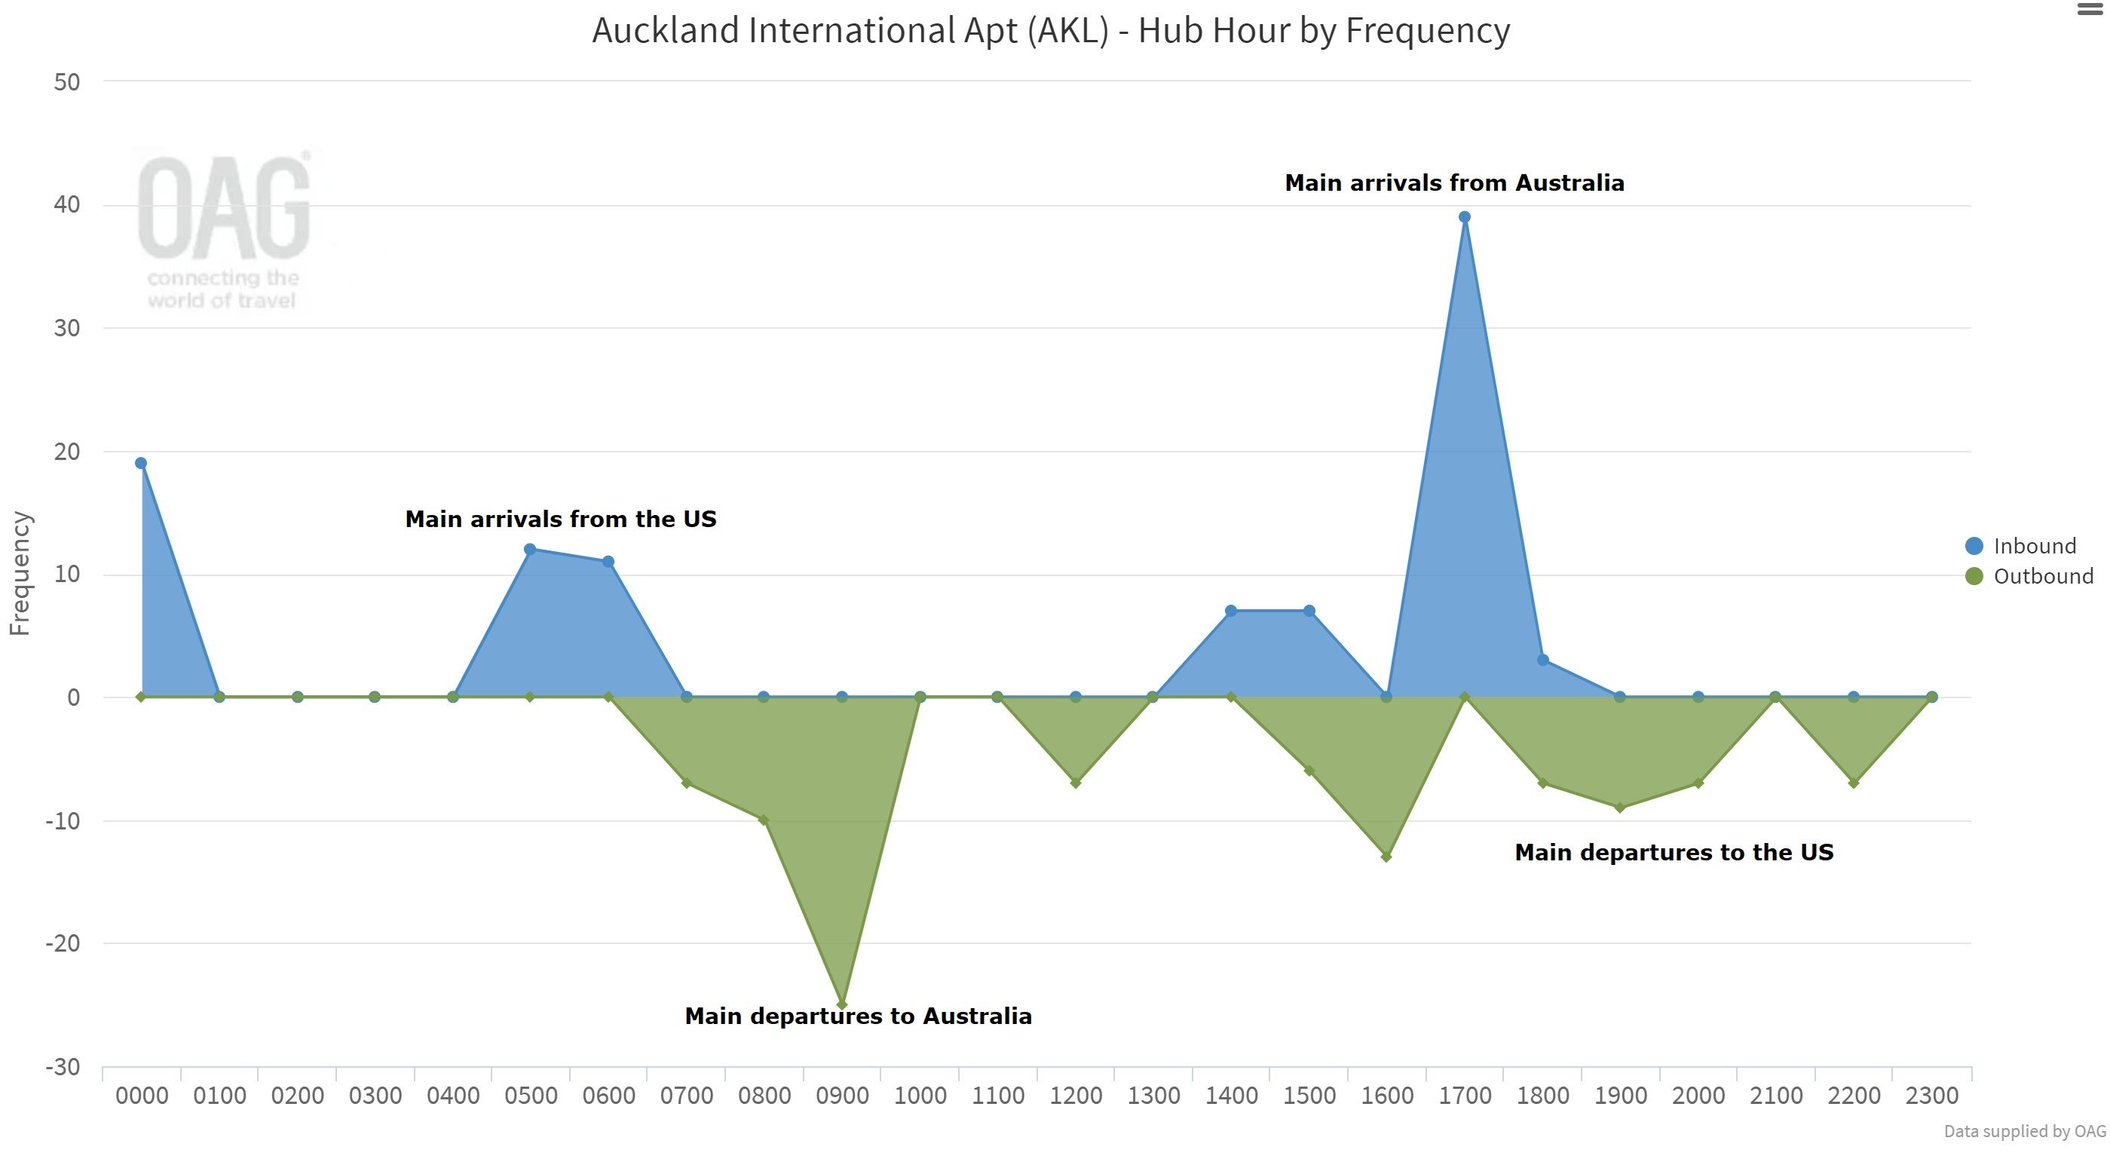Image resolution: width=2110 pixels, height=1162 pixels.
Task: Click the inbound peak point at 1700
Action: pos(1465,217)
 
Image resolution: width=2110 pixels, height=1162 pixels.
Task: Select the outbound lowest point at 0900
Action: pos(841,1004)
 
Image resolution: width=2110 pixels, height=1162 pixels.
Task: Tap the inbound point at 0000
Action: pos(141,463)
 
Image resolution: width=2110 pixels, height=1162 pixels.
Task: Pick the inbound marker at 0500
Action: pos(530,549)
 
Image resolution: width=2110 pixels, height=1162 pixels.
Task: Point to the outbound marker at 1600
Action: pos(1386,857)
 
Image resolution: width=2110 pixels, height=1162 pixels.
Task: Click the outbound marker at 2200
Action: pos(1854,783)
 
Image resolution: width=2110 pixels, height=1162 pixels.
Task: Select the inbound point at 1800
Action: pos(1542,660)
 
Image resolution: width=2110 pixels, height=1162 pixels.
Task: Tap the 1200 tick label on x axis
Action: pos(1076,1096)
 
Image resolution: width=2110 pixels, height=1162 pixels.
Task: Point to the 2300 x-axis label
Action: pos(1931,1096)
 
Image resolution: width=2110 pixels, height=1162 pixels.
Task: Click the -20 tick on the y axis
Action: pos(63,943)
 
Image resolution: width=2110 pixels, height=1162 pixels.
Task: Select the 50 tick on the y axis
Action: pos(67,82)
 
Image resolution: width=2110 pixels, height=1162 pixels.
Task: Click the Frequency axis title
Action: pos(20,574)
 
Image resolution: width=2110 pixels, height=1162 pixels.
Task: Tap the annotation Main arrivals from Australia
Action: pos(1454,182)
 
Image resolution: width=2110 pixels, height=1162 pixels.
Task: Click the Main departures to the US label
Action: pos(1674,852)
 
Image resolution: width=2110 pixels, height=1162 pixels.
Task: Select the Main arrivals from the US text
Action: pos(560,519)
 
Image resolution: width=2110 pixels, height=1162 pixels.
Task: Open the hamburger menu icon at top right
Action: pos(2090,10)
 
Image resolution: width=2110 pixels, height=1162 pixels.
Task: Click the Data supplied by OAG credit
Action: pos(2024,1131)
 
